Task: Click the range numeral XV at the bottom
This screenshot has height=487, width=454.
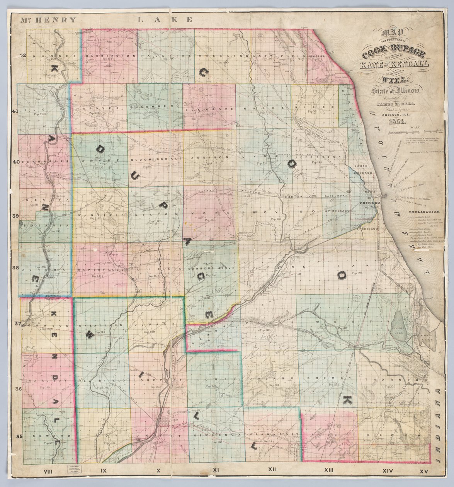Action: (x=424, y=471)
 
